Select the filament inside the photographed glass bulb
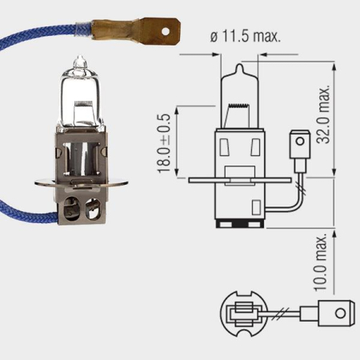(80, 100)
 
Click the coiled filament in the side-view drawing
(240, 107)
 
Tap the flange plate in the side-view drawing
(240, 178)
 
